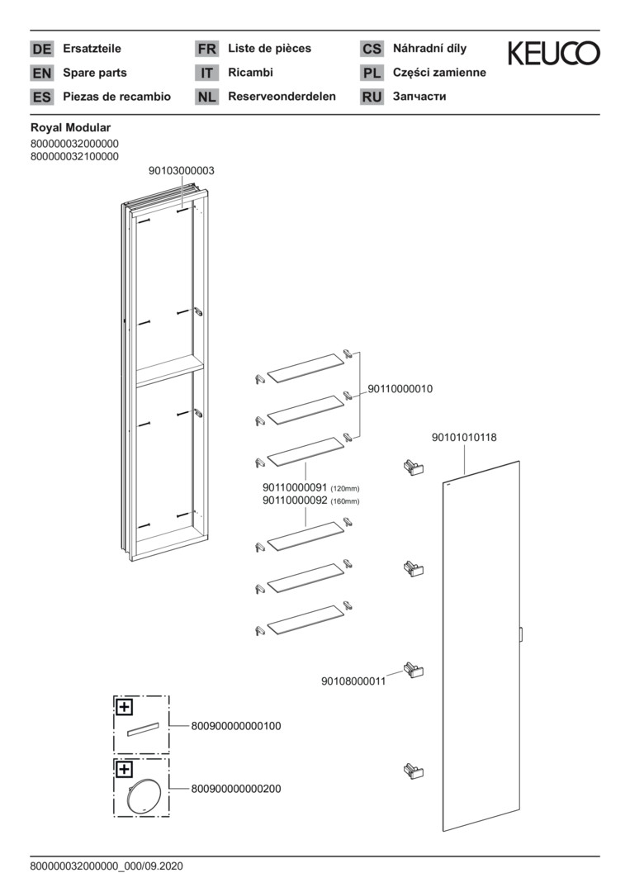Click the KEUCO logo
tap(553, 54)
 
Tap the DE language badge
tap(41, 49)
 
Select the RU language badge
tap(372, 97)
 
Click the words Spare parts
tap(95, 73)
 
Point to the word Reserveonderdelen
tap(282, 96)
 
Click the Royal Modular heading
tap(70, 128)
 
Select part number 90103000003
tap(182, 170)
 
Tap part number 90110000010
tap(400, 388)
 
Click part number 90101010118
tap(464, 438)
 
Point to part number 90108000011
tap(353, 681)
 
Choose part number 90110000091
tap(296, 488)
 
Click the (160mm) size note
tap(345, 501)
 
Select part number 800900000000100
tap(236, 726)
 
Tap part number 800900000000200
tap(236, 789)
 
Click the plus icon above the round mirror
tap(124, 770)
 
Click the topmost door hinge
tap(411, 467)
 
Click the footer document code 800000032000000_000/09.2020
tap(106, 866)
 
